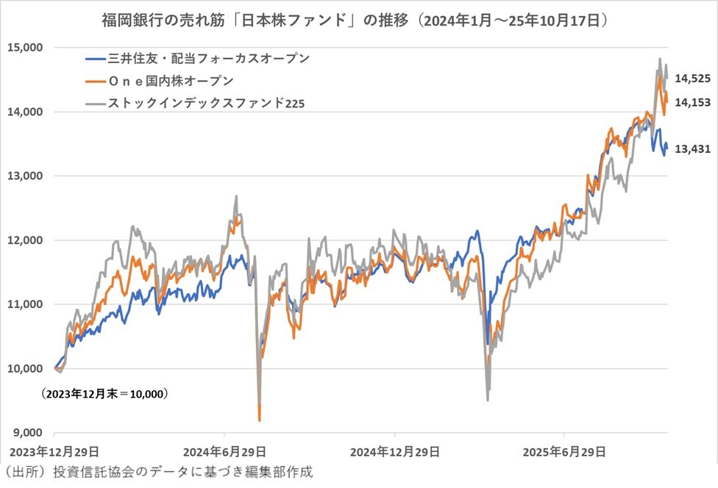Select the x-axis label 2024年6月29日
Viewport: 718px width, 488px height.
point(224,450)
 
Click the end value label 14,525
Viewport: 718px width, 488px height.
point(692,78)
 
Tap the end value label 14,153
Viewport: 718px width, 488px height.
point(692,102)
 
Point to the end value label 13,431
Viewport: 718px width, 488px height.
point(692,148)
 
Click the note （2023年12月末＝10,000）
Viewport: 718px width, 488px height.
point(104,394)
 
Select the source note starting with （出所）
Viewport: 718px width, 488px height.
point(158,472)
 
